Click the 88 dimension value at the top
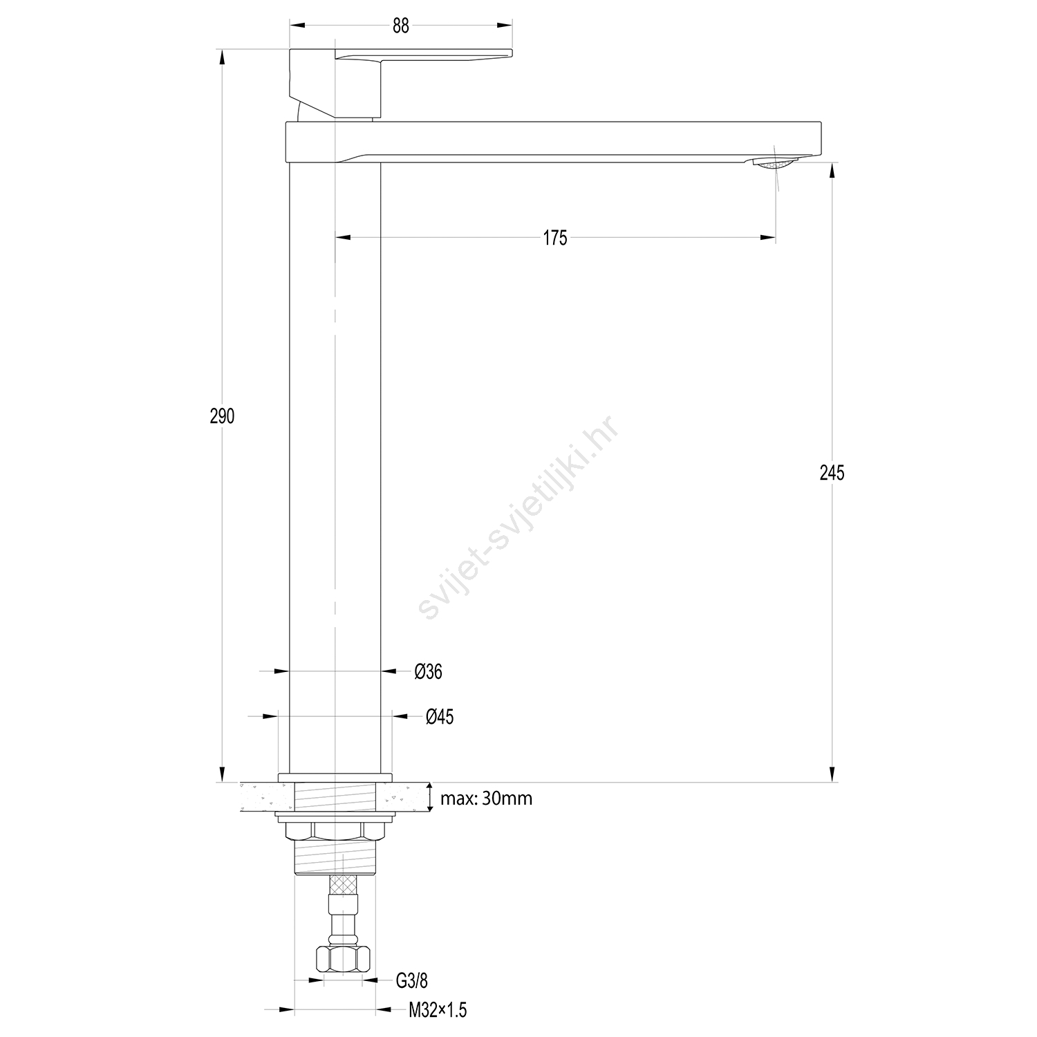[x=401, y=26]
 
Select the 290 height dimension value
[x=223, y=416]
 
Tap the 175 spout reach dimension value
[x=555, y=238]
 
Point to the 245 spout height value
[x=832, y=473]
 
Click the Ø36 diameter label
[x=429, y=671]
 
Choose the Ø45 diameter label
[x=440, y=717]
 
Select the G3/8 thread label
[x=412, y=980]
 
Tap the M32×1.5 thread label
[x=438, y=1010]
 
